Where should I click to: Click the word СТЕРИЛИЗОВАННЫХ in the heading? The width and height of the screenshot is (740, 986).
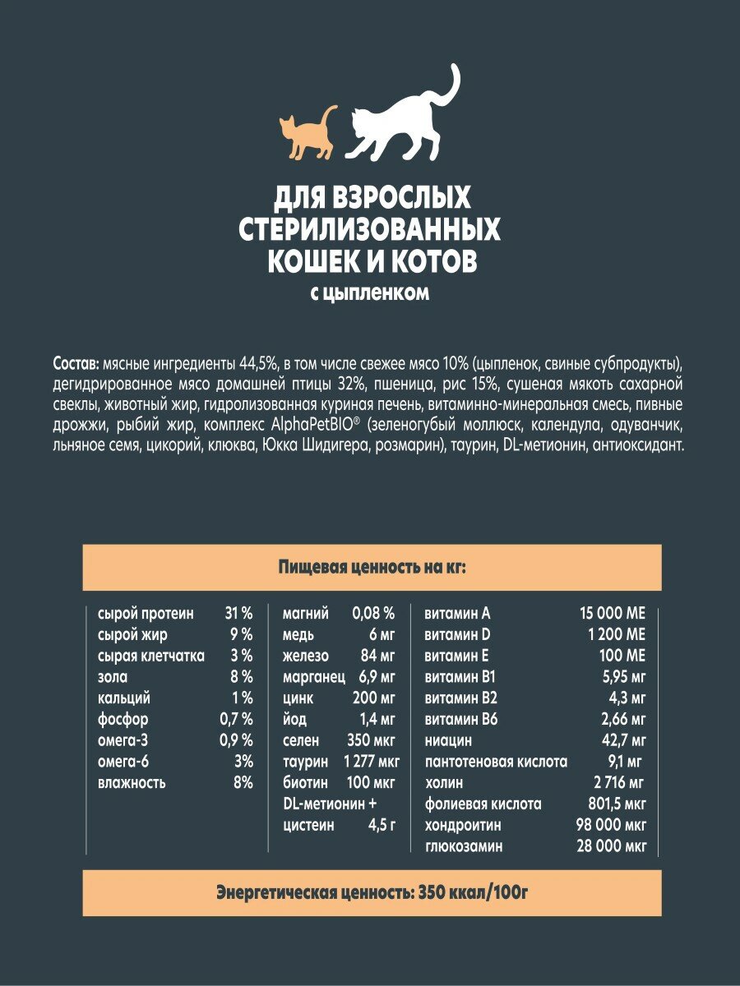(x=369, y=229)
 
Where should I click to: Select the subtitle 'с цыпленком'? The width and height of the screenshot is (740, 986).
(x=370, y=293)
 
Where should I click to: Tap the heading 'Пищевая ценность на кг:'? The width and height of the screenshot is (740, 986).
(x=371, y=567)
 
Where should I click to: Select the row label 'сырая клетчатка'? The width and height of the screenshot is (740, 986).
(x=150, y=656)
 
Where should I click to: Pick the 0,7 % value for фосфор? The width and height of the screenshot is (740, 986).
(x=234, y=720)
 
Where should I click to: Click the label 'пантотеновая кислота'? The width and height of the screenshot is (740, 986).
(x=496, y=762)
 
